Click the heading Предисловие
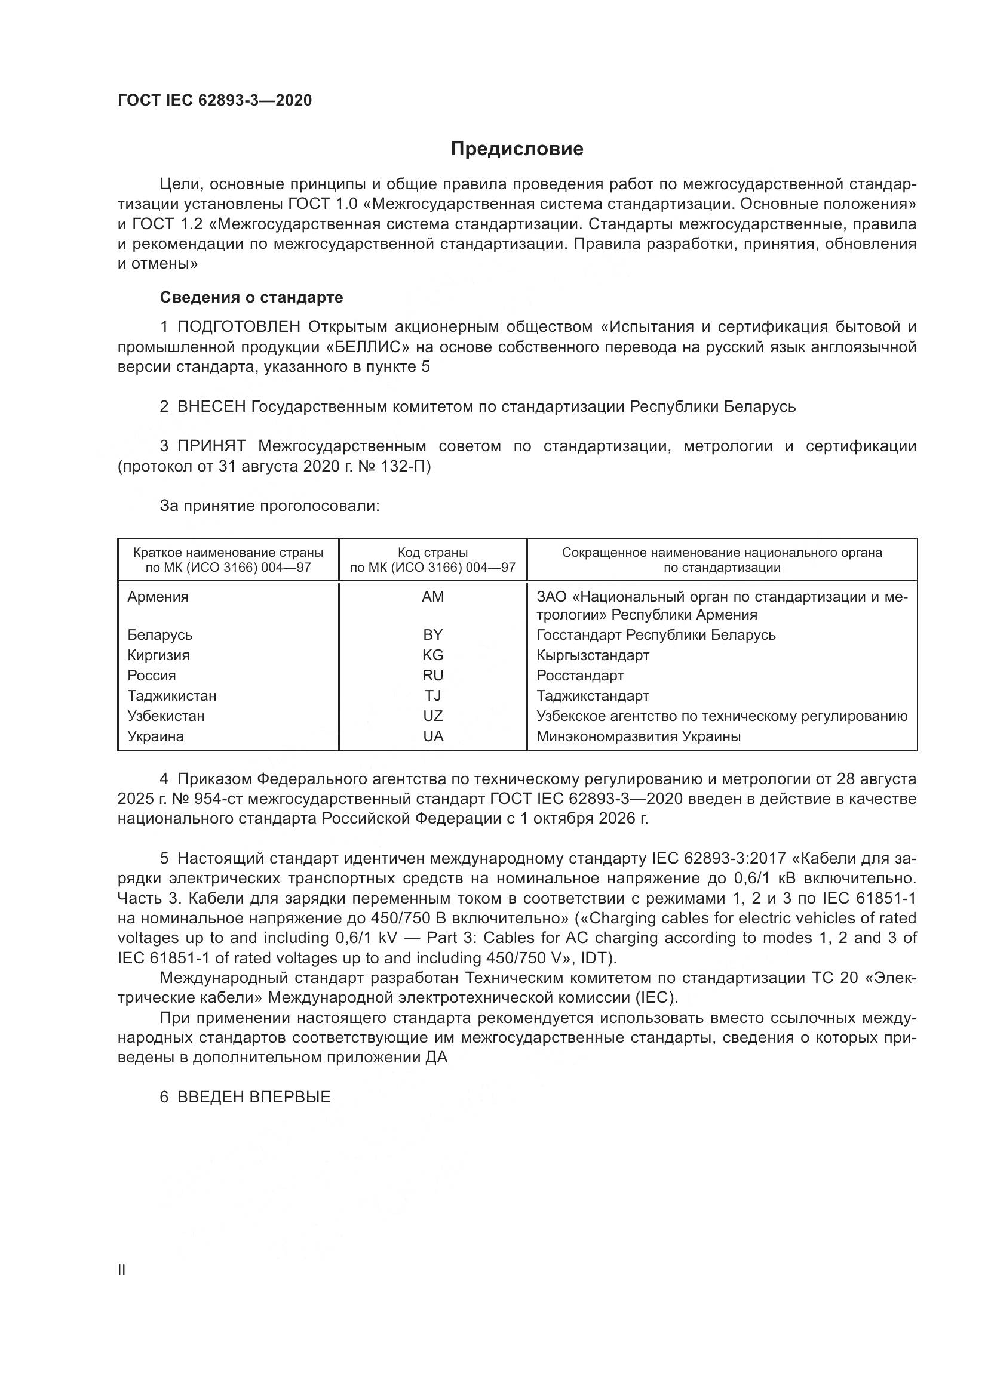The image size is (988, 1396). click(x=517, y=149)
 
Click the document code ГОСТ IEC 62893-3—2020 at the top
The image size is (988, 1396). click(x=214, y=100)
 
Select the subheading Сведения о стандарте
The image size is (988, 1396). click(x=251, y=297)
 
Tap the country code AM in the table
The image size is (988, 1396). click(x=432, y=596)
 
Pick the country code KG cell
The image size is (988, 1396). click(x=432, y=655)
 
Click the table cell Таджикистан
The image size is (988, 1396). click(x=171, y=695)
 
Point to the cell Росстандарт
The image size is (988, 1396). click(x=580, y=676)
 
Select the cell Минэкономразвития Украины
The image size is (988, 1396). click(x=638, y=736)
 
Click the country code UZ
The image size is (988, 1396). click(x=432, y=716)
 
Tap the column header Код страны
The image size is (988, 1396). click(x=432, y=553)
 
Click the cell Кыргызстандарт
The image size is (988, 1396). click(x=593, y=655)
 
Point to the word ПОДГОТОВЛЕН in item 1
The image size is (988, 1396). click(x=238, y=327)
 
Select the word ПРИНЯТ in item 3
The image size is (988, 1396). click(x=211, y=446)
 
